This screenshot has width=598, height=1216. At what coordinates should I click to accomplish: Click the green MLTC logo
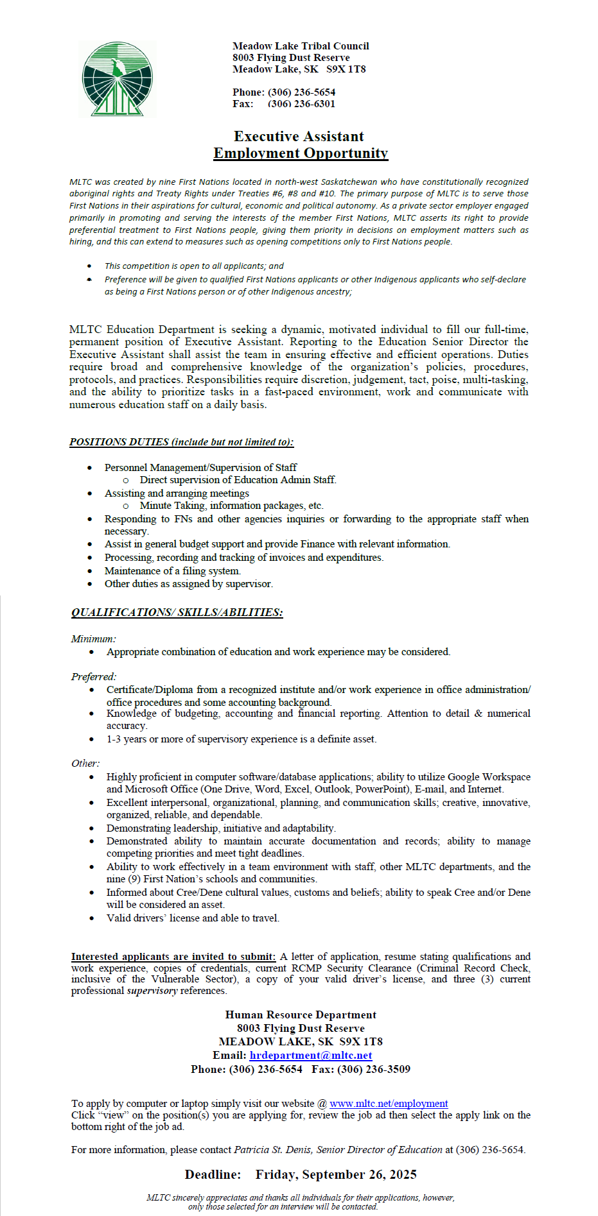coord(117,79)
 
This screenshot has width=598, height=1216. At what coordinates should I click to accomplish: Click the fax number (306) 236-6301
coord(301,104)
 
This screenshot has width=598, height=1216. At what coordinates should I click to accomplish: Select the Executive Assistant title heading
coord(299,136)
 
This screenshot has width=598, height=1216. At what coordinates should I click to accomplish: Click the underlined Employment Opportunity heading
coord(301,153)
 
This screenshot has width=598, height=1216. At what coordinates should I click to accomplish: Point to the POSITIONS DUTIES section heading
coord(181,442)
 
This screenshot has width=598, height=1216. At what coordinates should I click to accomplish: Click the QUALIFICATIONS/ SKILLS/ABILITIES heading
coord(177,612)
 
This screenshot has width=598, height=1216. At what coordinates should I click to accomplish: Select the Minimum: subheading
coord(93,639)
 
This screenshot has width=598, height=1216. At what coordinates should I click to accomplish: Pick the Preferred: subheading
coord(94,677)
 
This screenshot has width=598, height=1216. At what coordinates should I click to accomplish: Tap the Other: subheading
coord(85,764)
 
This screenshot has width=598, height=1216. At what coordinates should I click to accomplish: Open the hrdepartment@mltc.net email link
coord(311,1056)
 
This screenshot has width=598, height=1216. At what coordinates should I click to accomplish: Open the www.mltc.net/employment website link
coord(389,1104)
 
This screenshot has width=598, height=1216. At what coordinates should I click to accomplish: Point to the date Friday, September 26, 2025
coord(336,1175)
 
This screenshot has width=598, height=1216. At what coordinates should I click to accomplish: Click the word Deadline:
coord(213,1175)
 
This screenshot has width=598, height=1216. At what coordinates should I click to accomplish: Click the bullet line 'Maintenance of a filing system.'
coord(173,571)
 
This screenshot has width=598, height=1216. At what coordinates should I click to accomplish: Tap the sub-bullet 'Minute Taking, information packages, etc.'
coord(231,506)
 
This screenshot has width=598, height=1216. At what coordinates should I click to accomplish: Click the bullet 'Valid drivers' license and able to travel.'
coord(193,918)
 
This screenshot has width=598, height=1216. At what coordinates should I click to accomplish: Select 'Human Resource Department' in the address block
coord(301,1015)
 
